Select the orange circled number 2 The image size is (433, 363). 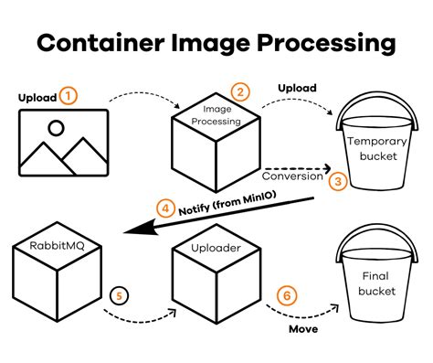click(x=240, y=91)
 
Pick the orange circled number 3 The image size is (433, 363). click(x=338, y=181)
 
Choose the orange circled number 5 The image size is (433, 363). click(x=117, y=294)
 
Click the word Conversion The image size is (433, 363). click(x=292, y=175)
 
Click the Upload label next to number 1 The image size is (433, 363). click(x=37, y=96)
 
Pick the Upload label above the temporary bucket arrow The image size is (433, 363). click(x=298, y=89)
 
